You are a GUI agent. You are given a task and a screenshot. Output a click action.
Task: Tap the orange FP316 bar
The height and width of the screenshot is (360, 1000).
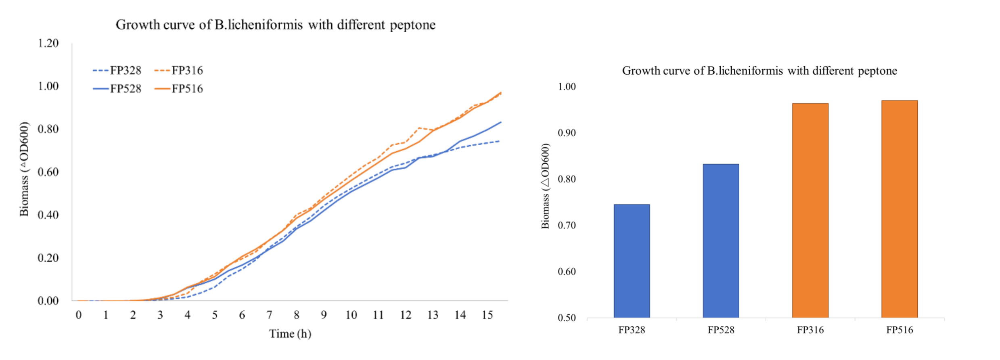tap(810, 210)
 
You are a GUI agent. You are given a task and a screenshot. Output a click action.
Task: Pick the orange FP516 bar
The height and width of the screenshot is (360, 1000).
tap(900, 209)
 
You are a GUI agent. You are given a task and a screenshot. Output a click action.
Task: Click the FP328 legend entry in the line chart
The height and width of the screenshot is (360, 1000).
tap(117, 71)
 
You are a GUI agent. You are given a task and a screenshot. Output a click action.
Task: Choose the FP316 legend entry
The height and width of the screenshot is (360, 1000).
tap(179, 71)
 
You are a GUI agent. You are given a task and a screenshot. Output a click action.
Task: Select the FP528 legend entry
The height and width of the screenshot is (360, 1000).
tap(117, 89)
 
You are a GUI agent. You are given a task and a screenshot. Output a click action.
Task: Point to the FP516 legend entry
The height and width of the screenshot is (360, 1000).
tap(179, 89)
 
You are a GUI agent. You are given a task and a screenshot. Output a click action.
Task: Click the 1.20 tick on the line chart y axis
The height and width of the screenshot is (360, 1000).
tap(48, 43)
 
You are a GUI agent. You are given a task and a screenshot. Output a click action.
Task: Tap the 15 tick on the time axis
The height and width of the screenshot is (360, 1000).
tap(487, 315)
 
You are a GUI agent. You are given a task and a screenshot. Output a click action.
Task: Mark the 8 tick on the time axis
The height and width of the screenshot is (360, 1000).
tap(297, 315)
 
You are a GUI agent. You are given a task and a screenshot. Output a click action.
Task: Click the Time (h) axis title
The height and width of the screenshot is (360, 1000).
tap(290, 334)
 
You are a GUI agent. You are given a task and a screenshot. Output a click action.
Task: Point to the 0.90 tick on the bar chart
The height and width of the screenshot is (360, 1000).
tap(567, 133)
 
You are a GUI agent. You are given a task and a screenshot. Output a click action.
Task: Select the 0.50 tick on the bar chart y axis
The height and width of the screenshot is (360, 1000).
tap(567, 318)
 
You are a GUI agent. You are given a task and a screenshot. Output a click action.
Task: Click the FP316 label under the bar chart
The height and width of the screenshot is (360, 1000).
tap(810, 330)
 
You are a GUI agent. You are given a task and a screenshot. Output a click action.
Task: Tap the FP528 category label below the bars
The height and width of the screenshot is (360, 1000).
tap(721, 330)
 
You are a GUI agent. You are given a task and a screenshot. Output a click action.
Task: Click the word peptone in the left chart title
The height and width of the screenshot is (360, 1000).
tap(412, 25)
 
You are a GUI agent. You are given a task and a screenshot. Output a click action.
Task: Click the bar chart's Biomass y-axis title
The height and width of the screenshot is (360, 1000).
tap(545, 186)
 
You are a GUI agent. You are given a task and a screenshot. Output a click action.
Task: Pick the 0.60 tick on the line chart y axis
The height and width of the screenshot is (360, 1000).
tap(48, 172)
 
